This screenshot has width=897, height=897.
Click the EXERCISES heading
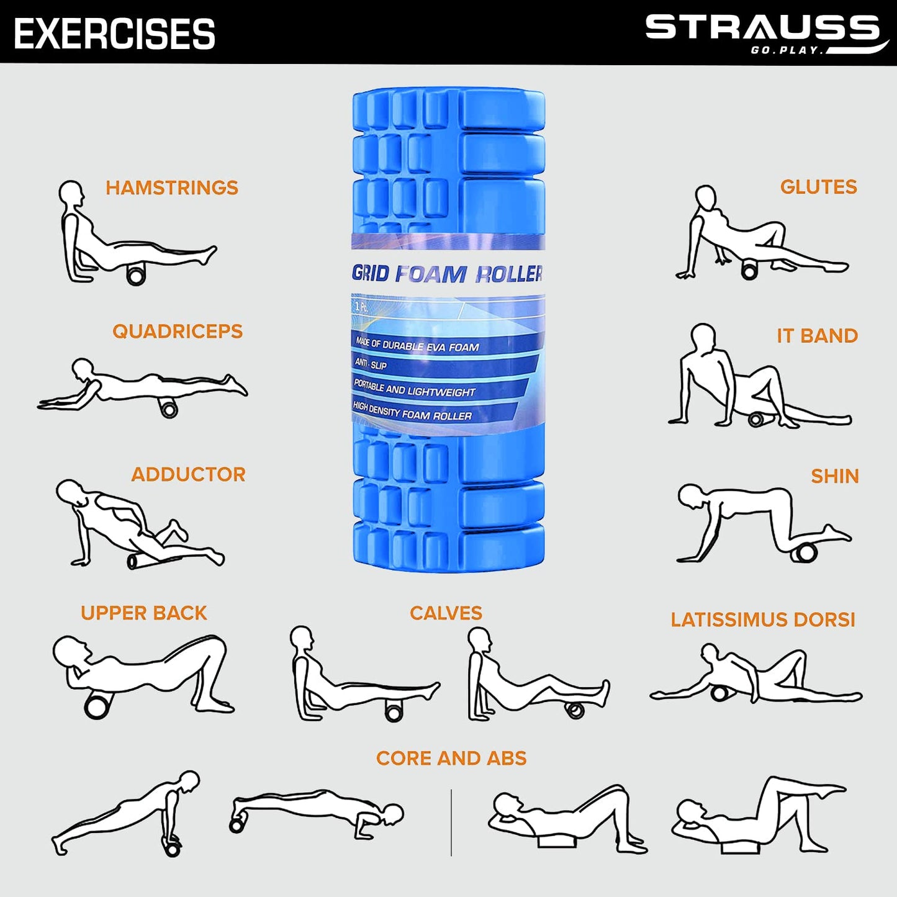pos(114,34)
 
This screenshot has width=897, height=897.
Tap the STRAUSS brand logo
pos(767,34)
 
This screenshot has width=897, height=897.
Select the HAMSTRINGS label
pos(172,187)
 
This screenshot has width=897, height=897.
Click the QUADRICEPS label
pos(178,331)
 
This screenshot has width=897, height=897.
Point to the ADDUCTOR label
pos(188,474)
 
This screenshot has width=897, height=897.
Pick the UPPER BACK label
pos(144,613)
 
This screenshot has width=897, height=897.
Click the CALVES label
pos(446,613)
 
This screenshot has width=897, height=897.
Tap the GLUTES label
pos(818,187)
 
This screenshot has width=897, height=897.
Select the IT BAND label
pos(817,336)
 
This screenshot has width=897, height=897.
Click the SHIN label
pos(835,476)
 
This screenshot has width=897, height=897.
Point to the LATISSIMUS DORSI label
pos(763,620)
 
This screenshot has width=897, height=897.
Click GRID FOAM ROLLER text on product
pos(447,274)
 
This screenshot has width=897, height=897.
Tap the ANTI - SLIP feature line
pos(371,364)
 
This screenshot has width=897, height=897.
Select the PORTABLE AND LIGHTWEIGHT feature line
pos(414,389)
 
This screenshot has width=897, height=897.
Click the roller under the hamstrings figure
pos(136,276)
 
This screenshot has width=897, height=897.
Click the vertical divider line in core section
pos(451,823)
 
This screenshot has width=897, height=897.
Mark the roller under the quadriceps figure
pos(168,408)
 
